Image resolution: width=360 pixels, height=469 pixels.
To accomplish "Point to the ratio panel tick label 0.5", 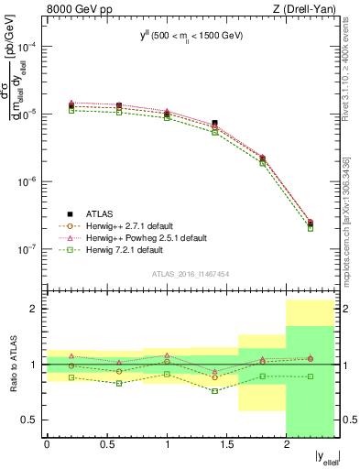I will [31, 420].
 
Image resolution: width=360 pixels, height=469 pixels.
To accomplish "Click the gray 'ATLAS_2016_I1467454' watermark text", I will [191, 274].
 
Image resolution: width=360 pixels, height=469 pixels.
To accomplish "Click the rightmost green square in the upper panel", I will [310, 228].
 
